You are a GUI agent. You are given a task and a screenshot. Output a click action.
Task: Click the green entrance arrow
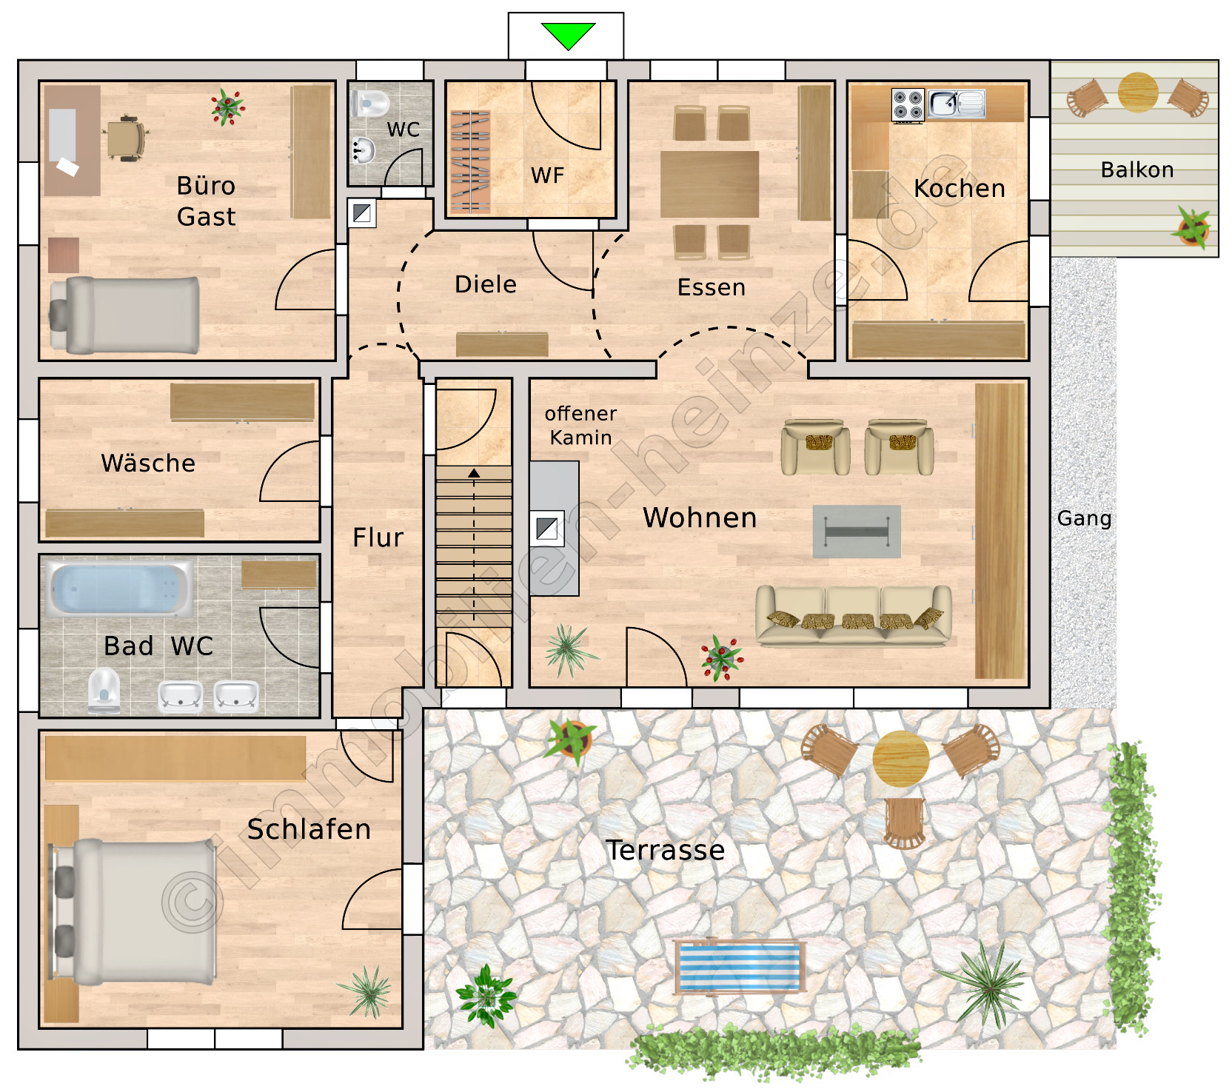[568, 35]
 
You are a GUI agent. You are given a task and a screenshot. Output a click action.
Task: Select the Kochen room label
[960, 188]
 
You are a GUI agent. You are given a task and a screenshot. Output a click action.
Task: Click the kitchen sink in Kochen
[957, 104]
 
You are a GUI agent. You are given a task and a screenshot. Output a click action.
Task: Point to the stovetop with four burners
[908, 104]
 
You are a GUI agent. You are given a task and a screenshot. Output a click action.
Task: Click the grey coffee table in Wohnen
[857, 532]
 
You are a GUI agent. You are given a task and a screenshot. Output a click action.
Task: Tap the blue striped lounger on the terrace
[740, 966]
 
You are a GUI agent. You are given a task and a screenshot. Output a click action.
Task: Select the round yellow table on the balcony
[1138, 92]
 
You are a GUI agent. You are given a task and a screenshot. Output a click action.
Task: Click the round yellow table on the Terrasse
[901, 759]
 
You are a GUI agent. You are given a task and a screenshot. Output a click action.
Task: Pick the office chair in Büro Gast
[126, 138]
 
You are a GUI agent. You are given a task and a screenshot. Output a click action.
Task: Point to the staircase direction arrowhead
[474, 473]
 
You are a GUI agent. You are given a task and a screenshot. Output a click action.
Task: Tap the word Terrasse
[665, 850]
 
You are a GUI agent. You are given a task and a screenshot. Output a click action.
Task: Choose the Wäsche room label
[148, 463]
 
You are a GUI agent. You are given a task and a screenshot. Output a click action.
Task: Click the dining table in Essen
[709, 184]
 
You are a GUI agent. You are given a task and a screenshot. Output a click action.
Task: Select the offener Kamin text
[581, 426]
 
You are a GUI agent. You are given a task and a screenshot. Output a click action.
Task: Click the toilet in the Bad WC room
[104, 690]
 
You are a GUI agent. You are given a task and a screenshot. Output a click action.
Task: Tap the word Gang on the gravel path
[1085, 518]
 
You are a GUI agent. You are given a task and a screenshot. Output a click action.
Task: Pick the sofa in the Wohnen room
[853, 615]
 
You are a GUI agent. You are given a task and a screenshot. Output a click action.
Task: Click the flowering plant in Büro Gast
[227, 107]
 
